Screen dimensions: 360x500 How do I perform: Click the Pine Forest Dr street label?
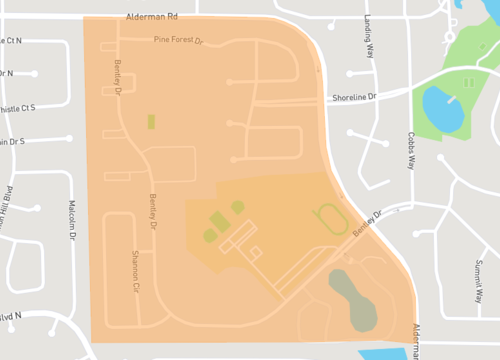point(178,41)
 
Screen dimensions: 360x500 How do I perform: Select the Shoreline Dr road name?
point(356,97)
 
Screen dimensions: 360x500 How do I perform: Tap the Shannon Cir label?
point(136,269)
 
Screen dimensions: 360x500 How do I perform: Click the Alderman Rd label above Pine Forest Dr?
point(152,18)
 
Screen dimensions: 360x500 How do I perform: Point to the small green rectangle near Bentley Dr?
point(151,121)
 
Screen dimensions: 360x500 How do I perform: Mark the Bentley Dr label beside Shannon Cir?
point(153,211)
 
